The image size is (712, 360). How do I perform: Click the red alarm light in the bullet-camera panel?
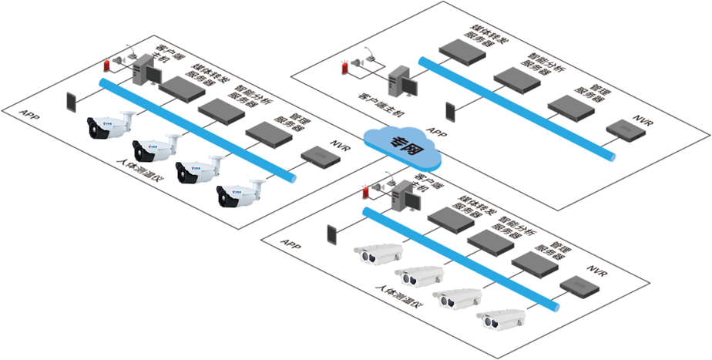click(106, 66)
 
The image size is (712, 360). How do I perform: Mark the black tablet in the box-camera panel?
click(332, 234)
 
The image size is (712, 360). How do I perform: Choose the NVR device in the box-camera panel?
click(580, 287)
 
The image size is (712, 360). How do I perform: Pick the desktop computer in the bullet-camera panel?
click(144, 73)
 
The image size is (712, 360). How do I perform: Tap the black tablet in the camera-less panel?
click(451, 112)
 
